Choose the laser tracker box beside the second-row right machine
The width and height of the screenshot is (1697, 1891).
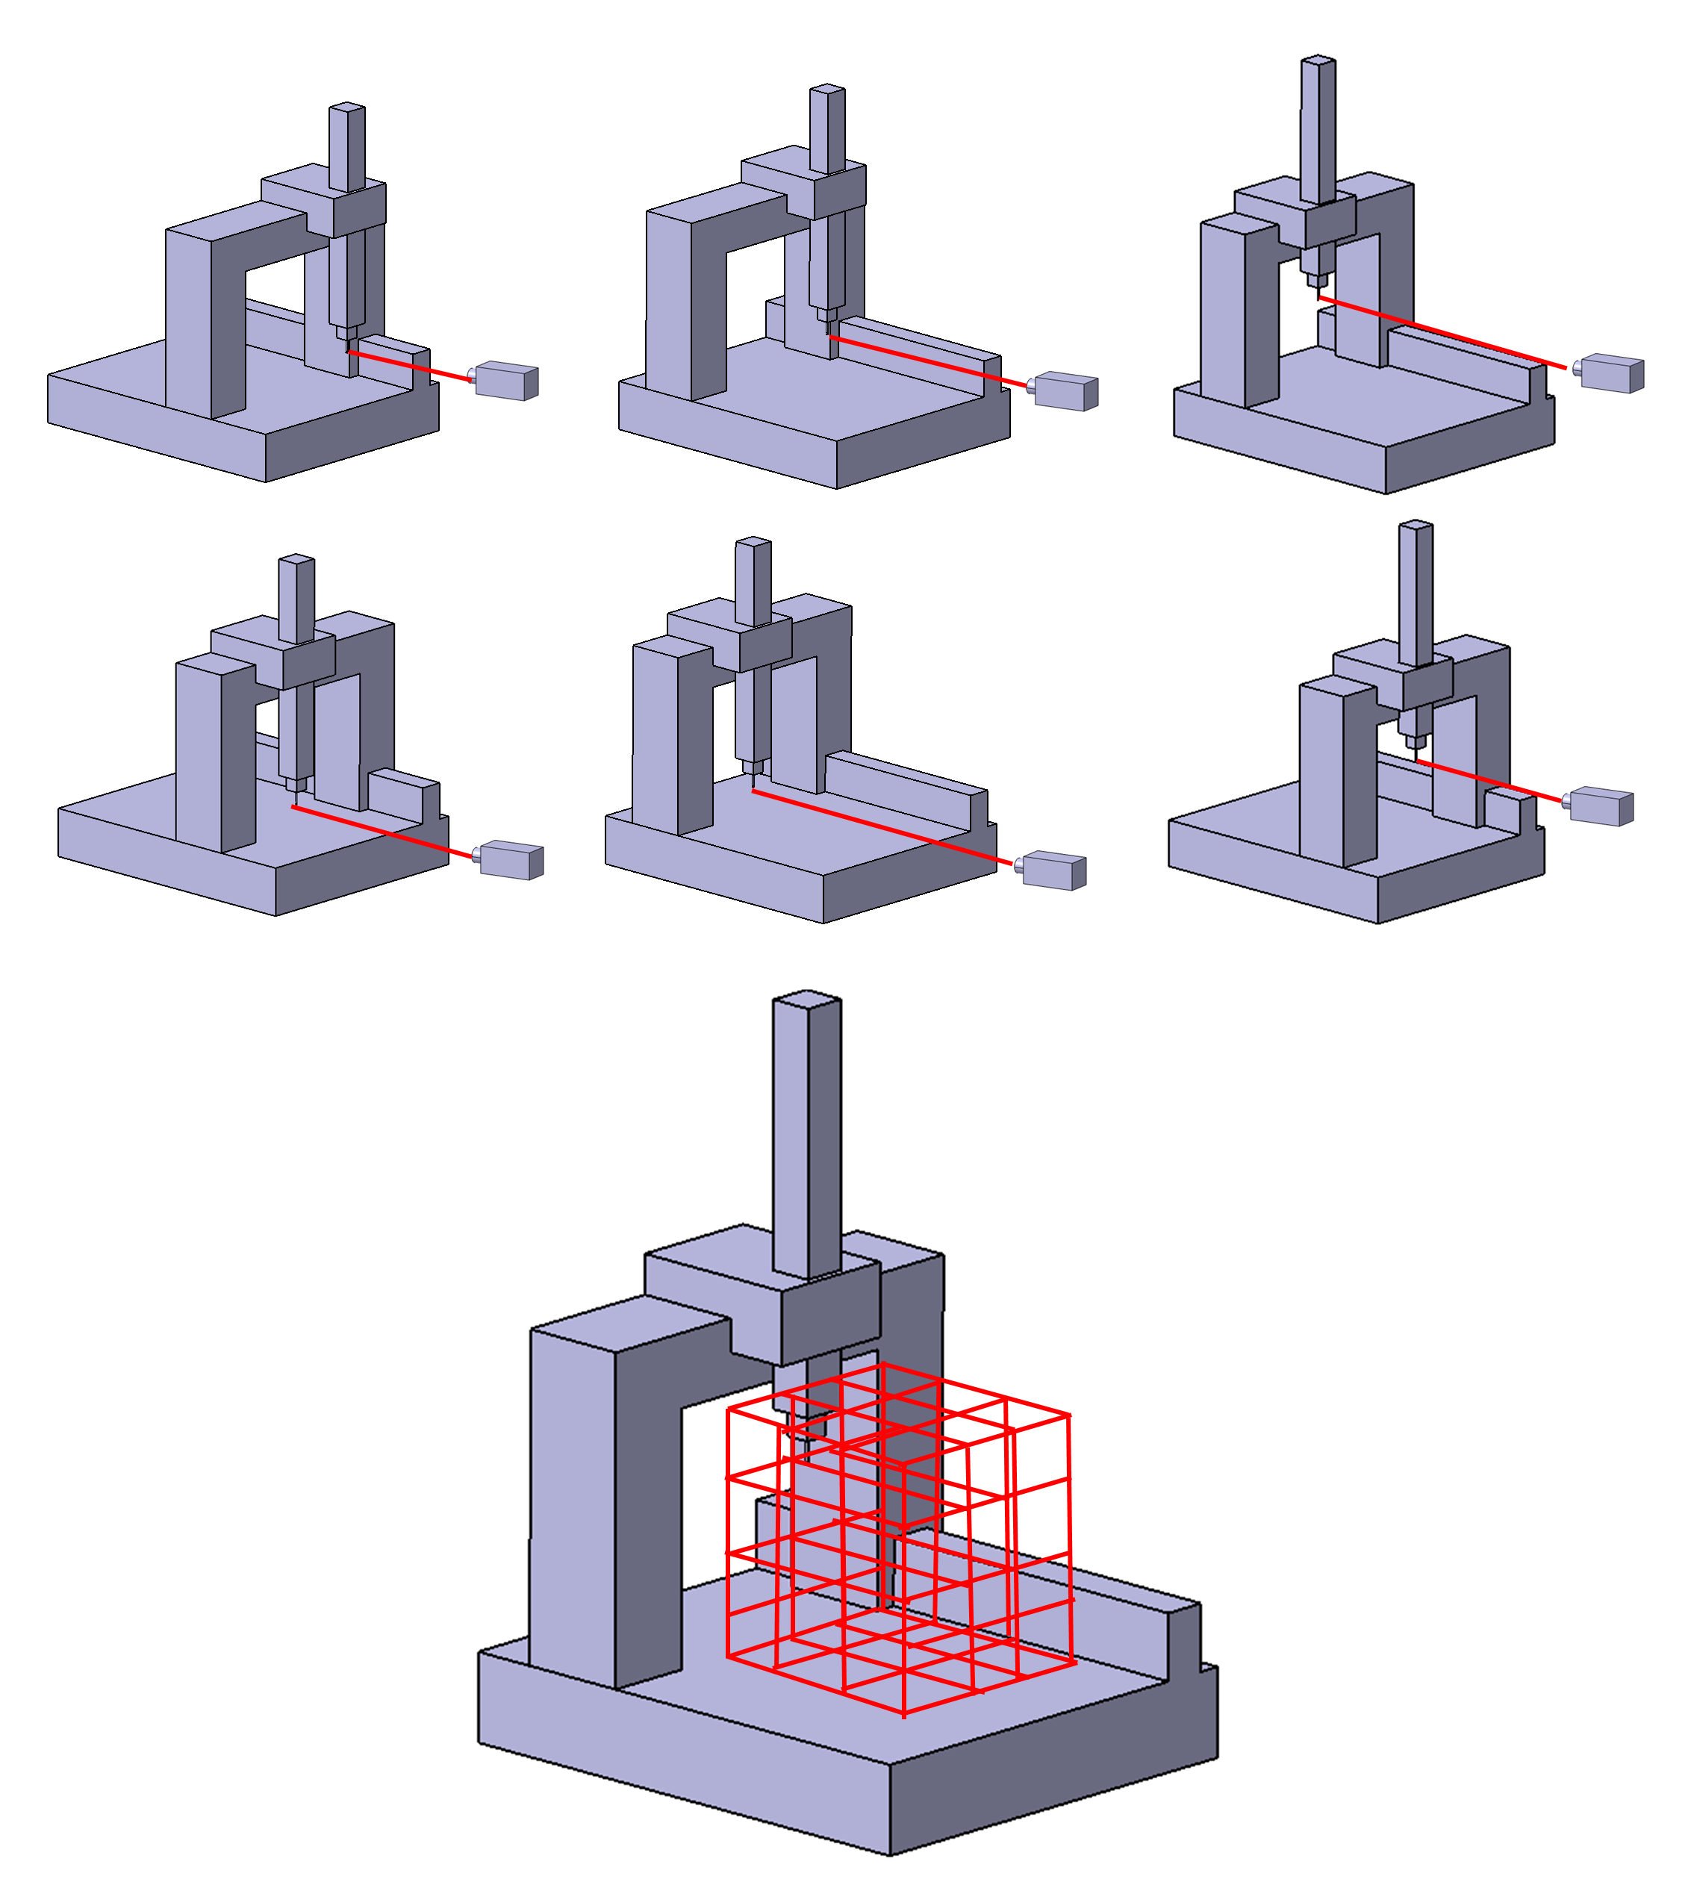point(1601,806)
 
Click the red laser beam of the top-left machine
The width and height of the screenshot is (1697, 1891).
point(411,367)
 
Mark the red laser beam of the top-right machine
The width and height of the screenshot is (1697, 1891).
point(1441,333)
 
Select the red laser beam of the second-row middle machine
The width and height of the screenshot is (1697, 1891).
point(881,827)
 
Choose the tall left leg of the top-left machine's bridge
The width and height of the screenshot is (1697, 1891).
point(188,317)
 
